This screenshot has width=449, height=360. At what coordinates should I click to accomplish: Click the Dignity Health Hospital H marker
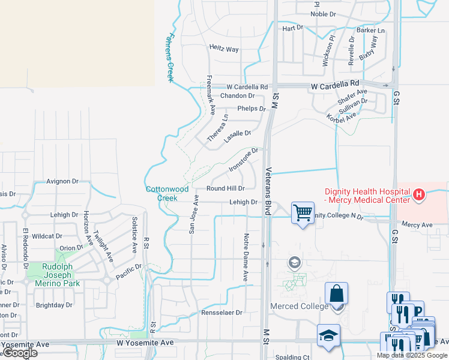(419, 194)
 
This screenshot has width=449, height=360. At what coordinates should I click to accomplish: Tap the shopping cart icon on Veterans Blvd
(303, 212)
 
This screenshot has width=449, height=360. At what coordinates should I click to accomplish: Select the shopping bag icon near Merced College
(337, 293)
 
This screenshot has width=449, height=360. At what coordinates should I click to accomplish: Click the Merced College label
(299, 306)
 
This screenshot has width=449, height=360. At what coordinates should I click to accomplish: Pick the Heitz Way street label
(224, 49)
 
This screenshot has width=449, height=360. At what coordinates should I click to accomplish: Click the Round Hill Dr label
(226, 188)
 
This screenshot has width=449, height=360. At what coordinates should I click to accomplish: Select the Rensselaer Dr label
(221, 313)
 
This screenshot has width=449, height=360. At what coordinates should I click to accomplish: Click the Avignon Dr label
(62, 181)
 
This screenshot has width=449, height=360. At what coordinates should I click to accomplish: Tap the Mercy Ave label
(417, 225)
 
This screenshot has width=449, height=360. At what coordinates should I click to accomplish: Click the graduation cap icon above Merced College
(294, 262)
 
